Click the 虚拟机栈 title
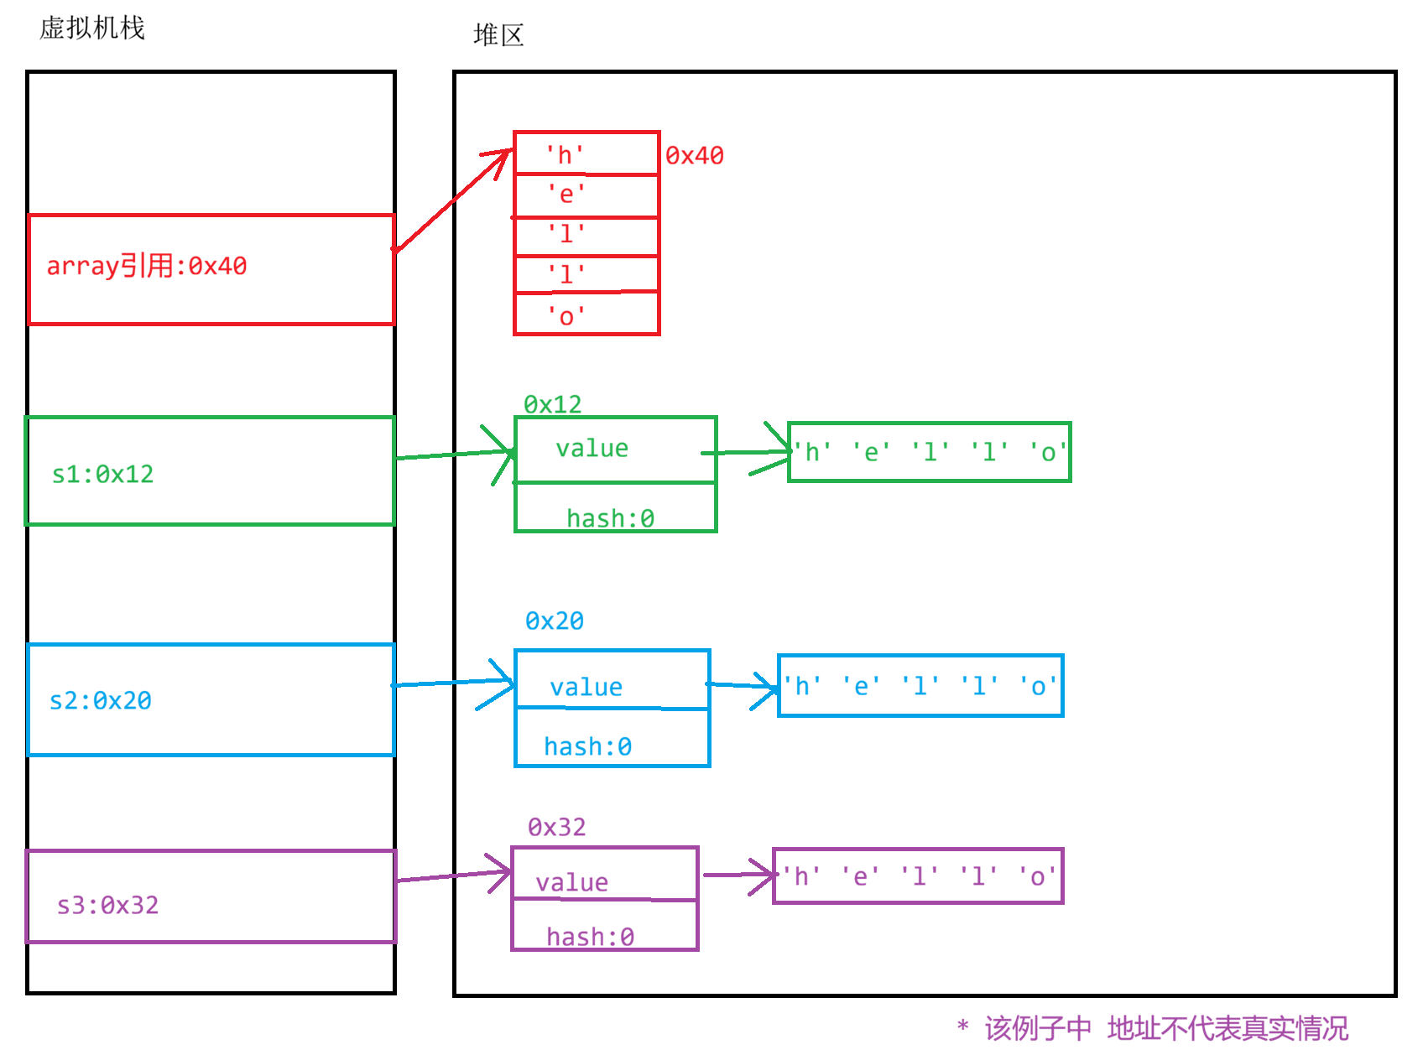pyautogui.click(x=92, y=29)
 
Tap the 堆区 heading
pyautogui.click(x=498, y=35)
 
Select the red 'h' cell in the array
pyautogui.click(x=586, y=154)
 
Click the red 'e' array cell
pyautogui.click(x=586, y=195)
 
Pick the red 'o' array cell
pyautogui.click(x=586, y=315)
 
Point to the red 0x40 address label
pyautogui.click(x=694, y=156)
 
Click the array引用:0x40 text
pyautogui.click(x=146, y=266)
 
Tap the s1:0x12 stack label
pyautogui.click(x=103, y=474)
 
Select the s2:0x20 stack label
pyautogui.click(x=101, y=700)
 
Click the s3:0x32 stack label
pyautogui.click(x=108, y=904)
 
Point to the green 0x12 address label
pyautogui.click(x=552, y=405)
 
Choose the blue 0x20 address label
pyautogui.click(x=554, y=621)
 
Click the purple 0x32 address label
pyautogui.click(x=556, y=828)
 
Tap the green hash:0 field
pyautogui.click(x=610, y=517)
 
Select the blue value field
pyautogui.click(x=586, y=687)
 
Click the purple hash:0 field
pyautogui.click(x=590, y=936)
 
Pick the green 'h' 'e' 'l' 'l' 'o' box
pyautogui.click(x=930, y=453)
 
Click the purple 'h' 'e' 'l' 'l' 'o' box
pyautogui.click(x=918, y=876)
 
